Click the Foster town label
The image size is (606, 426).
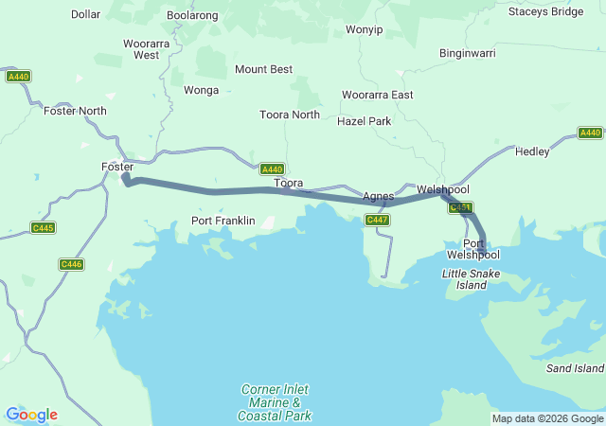[x=116, y=167]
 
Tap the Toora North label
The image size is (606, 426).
[x=290, y=115]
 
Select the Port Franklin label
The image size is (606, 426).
[x=223, y=221]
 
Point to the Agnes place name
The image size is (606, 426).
[x=378, y=196]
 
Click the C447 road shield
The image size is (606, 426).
[x=378, y=220]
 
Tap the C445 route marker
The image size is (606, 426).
[x=43, y=227]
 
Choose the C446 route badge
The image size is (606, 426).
[x=71, y=264]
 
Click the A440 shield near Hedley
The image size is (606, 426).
[x=590, y=133]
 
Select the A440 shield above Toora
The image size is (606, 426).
[x=272, y=169]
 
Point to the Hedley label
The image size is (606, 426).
[x=532, y=151]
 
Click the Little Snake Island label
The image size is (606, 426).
[x=472, y=279]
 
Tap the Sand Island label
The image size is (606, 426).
[x=575, y=367]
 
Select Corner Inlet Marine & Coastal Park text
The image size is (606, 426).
[x=274, y=402]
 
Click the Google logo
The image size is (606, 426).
[x=31, y=415]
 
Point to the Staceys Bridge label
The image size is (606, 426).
[x=545, y=11]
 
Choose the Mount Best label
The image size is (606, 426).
[x=263, y=69]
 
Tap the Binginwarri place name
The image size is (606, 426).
[x=468, y=53]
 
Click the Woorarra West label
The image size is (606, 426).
[x=147, y=49]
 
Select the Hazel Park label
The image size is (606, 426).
[x=364, y=121]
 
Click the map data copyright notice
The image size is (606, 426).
[x=547, y=418]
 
